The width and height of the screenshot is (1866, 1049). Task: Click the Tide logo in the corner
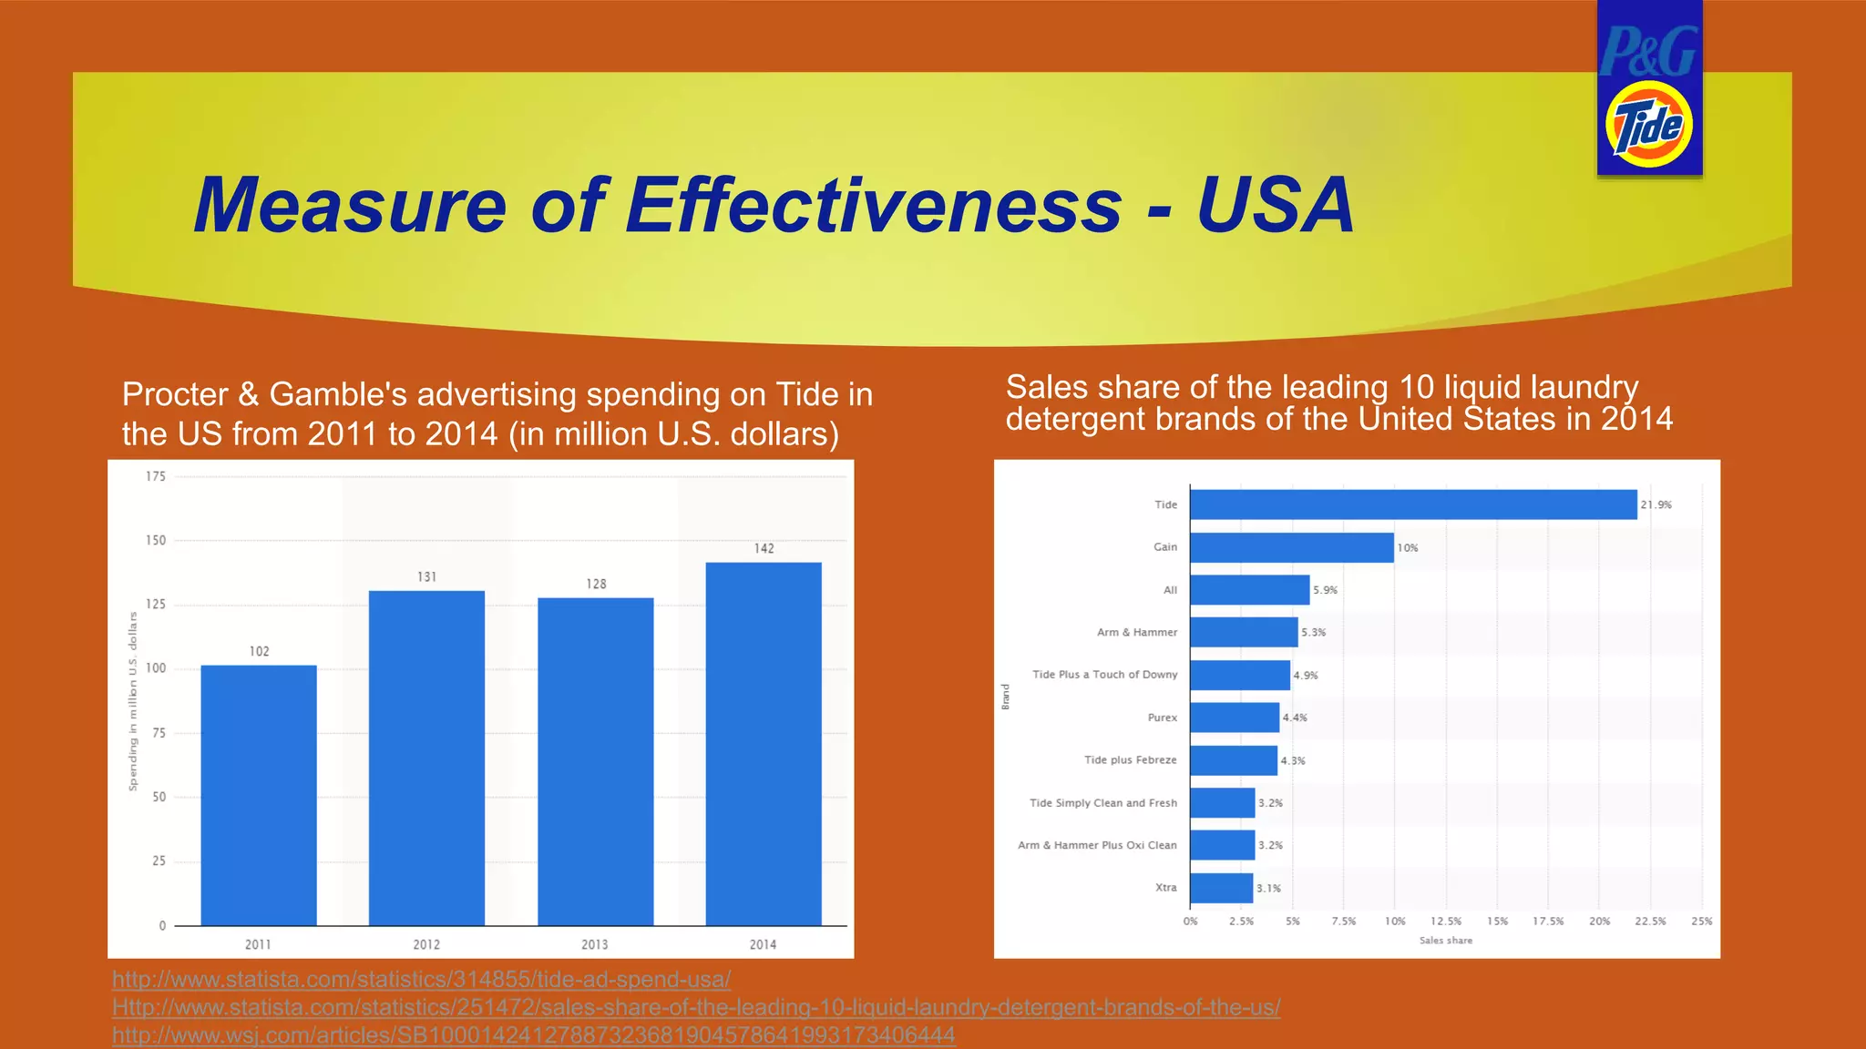click(x=1648, y=125)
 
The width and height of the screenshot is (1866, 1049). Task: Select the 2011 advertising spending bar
click(x=259, y=795)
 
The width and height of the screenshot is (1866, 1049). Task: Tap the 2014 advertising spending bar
click(x=764, y=744)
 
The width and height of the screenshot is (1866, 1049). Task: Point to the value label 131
click(x=427, y=577)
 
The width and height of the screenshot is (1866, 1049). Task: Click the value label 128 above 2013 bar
click(x=596, y=584)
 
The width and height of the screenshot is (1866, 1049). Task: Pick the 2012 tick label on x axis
click(x=426, y=944)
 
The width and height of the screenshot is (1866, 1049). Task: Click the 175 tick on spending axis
click(x=156, y=476)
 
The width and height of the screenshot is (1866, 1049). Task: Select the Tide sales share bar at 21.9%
click(x=1413, y=504)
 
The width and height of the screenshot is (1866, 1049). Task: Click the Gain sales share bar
click(x=1292, y=547)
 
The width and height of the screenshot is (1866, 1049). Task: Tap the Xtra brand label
click(x=1165, y=888)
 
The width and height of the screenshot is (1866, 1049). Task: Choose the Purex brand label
click(x=1162, y=718)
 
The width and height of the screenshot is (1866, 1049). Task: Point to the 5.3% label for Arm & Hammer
click(x=1313, y=632)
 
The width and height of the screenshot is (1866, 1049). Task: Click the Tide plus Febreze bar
click(x=1234, y=760)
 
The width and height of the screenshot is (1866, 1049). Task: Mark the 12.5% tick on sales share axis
click(x=1446, y=922)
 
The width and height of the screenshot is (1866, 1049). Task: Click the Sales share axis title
click(x=1445, y=941)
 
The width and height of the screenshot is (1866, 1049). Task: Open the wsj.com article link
click(x=533, y=1035)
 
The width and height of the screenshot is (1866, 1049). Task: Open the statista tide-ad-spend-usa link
click(x=421, y=980)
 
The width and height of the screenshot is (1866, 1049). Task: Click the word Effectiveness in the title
click(x=873, y=205)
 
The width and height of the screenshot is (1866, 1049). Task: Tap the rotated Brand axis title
click(x=1006, y=697)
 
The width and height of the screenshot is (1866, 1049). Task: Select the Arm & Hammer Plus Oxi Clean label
click(x=1097, y=845)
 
